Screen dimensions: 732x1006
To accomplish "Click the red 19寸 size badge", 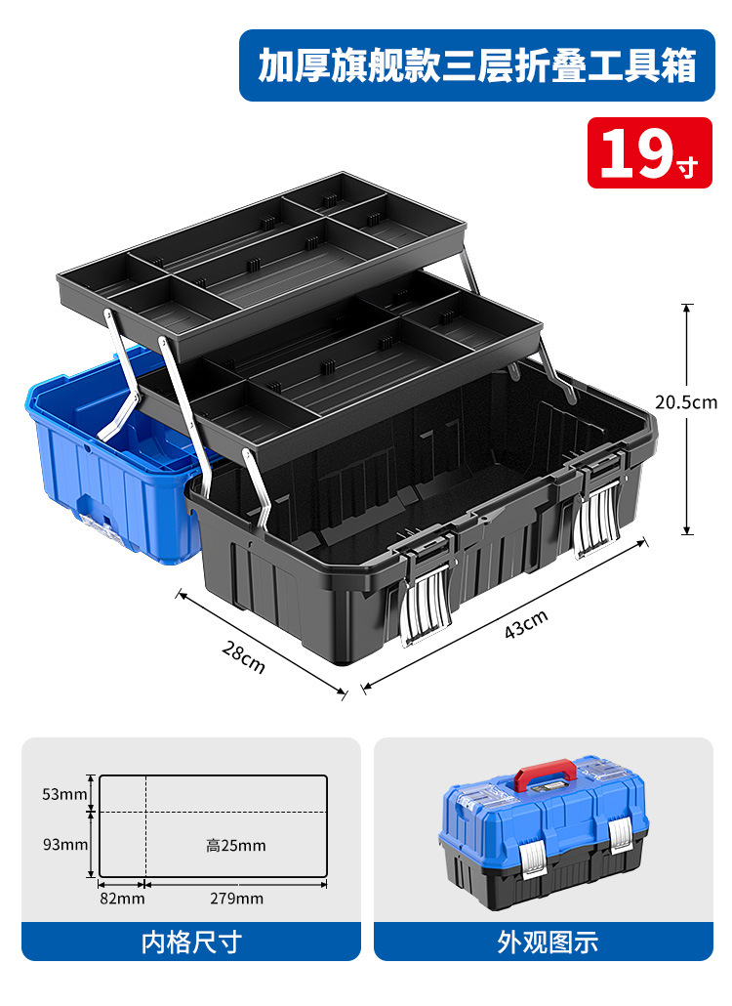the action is click(649, 152).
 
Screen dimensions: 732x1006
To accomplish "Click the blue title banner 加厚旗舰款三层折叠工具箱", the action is click(477, 65).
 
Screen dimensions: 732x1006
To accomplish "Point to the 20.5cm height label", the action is click(686, 402).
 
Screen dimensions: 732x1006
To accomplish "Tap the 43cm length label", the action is click(526, 624).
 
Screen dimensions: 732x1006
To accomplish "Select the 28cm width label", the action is click(244, 657).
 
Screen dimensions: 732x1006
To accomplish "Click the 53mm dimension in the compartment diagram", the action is click(64, 794).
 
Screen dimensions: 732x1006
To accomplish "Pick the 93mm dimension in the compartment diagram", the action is click(65, 844).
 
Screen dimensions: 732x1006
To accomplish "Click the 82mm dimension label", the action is click(122, 899).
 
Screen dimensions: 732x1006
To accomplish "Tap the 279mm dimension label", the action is click(236, 899).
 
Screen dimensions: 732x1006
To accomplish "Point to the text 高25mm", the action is click(236, 846).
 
